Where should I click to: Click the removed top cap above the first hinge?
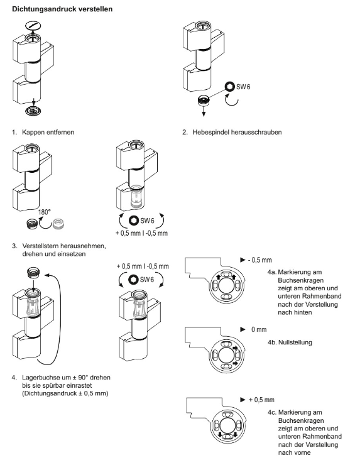coord(33,26)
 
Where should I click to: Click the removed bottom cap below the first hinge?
coord(33,111)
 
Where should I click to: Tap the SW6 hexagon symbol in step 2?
coord(229,86)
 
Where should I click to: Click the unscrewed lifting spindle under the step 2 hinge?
coord(203,101)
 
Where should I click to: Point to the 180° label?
coord(44,212)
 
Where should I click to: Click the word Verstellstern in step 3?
coord(40,246)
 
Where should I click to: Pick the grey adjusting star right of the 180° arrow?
coord(58,224)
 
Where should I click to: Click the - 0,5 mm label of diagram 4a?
coord(259,260)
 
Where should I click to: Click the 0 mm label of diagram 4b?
coord(259,329)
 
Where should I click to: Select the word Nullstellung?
coord(295,342)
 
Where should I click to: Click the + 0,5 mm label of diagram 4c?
coord(261,400)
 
